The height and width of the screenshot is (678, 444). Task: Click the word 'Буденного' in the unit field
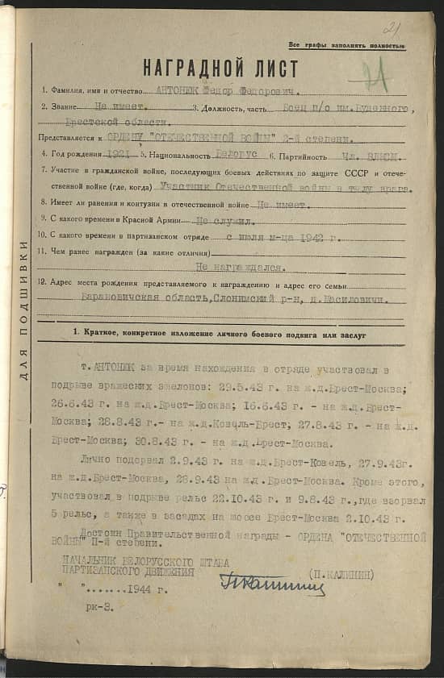[378, 108]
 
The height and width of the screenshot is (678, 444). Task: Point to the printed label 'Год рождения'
[72, 154]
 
